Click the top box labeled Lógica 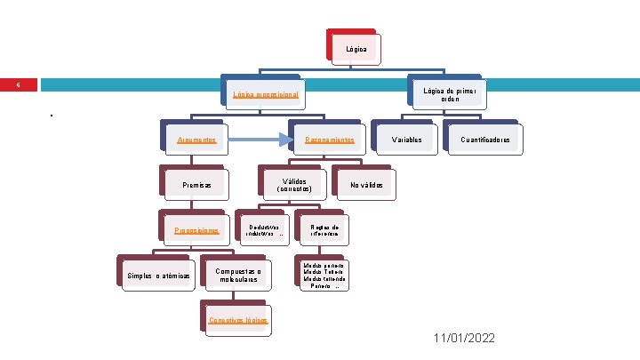click(356, 48)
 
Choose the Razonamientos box click(329, 140)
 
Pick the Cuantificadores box click(485, 140)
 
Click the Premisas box click(196, 185)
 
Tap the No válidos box click(366, 185)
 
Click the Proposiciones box click(196, 230)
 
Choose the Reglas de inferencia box click(324, 230)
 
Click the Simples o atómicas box click(158, 276)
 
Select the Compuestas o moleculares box click(237, 276)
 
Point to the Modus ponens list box click(324, 276)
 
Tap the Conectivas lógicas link click(238, 320)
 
